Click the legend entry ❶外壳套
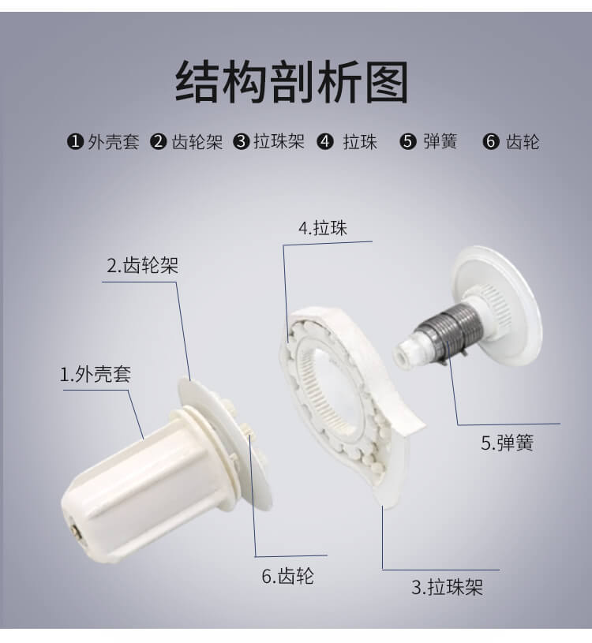(103, 142)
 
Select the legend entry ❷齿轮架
(187, 142)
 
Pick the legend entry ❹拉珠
(347, 142)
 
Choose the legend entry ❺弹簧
(429, 142)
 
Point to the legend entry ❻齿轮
(511, 142)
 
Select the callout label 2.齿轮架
(143, 265)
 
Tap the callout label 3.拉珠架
(447, 587)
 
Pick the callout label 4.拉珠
(322, 228)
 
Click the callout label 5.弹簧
(507, 443)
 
